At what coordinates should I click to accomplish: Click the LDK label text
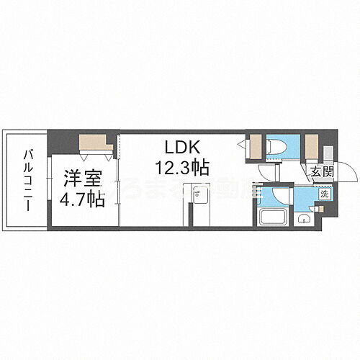point(178,148)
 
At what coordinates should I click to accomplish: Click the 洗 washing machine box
point(323,194)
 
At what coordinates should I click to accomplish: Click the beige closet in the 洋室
point(94,141)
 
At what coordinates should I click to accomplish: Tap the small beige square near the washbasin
point(320,209)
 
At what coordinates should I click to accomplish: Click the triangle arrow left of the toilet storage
point(243,145)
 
